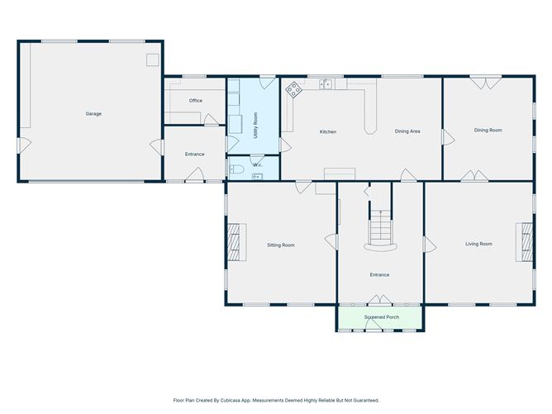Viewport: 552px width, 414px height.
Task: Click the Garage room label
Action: tap(93, 114)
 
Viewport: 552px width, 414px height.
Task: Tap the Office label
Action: tap(196, 101)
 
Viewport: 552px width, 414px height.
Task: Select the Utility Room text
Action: tap(255, 126)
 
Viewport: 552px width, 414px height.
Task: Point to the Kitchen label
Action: tap(328, 131)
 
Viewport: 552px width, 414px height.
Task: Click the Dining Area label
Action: tap(407, 131)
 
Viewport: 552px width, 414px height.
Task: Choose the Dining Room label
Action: tap(488, 131)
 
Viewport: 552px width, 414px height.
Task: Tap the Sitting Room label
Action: tap(281, 245)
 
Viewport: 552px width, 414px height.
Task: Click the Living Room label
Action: tap(478, 244)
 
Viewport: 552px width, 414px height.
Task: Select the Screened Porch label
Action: tap(382, 317)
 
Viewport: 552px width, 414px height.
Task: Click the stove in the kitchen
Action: tap(293, 89)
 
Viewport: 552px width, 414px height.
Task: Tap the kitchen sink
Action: tap(326, 84)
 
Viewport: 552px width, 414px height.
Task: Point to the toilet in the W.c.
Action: tap(236, 169)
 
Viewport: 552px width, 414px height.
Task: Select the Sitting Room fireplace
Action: tap(233, 242)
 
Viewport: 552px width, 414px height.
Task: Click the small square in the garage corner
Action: tap(153, 59)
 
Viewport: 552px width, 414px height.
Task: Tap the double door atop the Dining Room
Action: tap(486, 83)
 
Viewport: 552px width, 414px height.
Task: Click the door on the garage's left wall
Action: tap(24, 145)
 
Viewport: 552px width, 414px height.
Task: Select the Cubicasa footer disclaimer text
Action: tap(276, 400)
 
